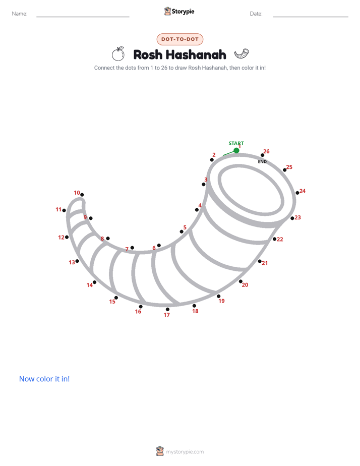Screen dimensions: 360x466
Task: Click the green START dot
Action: (236, 150)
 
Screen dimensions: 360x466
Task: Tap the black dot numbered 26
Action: (262, 155)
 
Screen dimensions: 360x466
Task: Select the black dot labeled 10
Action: (82, 195)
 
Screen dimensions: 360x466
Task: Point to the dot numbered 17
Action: (167, 309)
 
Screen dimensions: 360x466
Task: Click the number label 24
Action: (303, 191)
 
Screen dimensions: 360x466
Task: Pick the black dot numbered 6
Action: (159, 245)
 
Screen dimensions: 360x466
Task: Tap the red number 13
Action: (72, 262)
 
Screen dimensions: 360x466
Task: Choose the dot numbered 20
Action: (241, 281)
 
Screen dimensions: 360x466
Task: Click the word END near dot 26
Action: (262, 162)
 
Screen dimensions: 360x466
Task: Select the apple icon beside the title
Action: (118, 54)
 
